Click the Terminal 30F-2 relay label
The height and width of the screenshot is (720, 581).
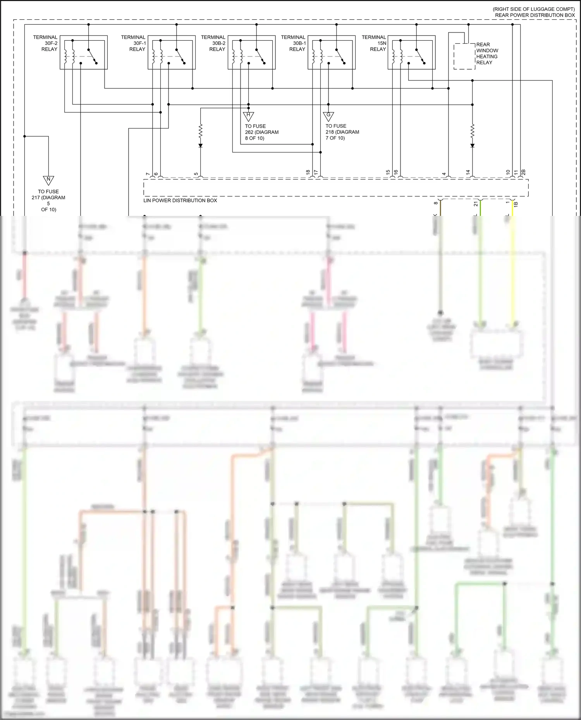tap(45, 43)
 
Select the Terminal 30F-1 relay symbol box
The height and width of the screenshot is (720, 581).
tap(172, 53)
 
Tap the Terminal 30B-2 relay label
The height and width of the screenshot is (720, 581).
tap(213, 43)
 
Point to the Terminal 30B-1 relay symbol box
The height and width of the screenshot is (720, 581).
tap(332, 53)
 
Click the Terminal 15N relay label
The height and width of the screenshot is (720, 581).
tap(374, 43)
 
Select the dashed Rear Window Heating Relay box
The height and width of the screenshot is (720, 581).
tap(464, 56)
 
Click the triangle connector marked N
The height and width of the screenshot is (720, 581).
tap(48, 180)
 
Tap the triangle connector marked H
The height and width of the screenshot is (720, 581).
tap(248, 116)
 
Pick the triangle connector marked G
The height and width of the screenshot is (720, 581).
tap(328, 116)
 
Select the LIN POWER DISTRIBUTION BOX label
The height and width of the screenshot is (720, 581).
tap(180, 200)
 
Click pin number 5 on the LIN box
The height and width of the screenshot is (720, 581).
tap(196, 174)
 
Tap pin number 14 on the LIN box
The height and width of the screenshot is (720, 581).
tap(468, 172)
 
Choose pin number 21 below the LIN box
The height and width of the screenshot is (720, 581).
tap(476, 204)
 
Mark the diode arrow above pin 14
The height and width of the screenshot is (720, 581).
tap(472, 146)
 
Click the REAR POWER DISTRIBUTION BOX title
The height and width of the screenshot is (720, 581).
tap(535, 15)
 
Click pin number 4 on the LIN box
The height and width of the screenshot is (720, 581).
tap(444, 174)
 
